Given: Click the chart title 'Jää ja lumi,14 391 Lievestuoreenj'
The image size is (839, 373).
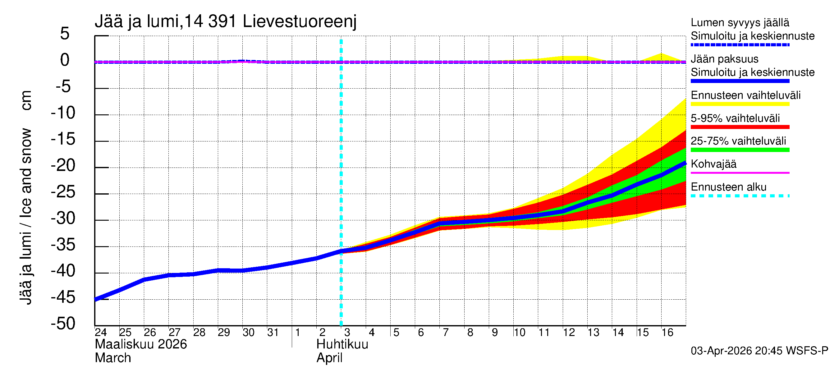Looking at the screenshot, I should coord(225,21).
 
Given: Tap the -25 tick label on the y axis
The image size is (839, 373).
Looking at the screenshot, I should coord(63,192).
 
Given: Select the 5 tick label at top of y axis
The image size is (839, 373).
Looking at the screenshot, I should coord(65,34).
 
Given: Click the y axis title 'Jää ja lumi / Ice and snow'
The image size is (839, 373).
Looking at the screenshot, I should coord(26,216).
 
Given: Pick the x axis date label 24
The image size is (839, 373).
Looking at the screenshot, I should coord(101,332).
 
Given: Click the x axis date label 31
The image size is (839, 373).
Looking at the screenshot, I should coord(273,332).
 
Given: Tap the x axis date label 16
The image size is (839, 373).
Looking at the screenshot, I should coord(667,332).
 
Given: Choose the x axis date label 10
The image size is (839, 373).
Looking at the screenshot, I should coord(520,332).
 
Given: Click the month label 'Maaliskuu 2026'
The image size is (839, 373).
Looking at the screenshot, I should coord(141,344).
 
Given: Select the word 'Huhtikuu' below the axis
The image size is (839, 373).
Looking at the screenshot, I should coord(342,344).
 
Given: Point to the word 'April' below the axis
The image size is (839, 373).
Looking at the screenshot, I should coord(329,358).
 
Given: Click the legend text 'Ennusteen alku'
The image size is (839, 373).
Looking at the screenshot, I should coord(729,187).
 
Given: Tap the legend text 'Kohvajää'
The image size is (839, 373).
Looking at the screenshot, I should coord(713,164).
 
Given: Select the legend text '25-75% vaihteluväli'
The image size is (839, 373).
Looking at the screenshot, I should coord(738,141).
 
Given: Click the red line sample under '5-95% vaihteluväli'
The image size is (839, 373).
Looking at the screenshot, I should coord(740,127).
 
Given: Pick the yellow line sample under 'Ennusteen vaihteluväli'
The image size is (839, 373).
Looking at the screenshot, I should coord(740,104).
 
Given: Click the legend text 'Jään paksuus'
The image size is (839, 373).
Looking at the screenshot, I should coord(725,59).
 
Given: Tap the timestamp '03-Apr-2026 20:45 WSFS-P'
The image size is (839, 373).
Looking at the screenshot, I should coord(759,351).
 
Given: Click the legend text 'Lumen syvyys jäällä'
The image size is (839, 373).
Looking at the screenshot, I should coord(740,23).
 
